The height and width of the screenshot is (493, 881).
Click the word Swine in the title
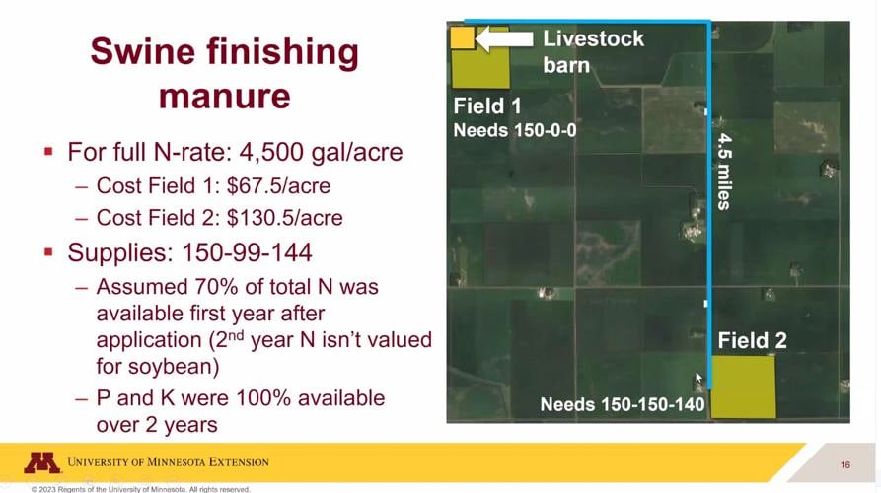pos(143,52)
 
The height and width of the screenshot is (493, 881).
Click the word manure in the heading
pos(224,96)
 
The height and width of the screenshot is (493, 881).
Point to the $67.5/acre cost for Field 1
pos(278,185)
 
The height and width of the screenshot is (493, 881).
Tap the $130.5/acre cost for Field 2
pos(285,218)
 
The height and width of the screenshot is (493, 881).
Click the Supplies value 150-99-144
pos(246,252)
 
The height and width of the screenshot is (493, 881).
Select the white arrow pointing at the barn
pos(504,38)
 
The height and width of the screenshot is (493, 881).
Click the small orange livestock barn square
pos(463,37)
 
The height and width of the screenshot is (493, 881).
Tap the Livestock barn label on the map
pos(593,51)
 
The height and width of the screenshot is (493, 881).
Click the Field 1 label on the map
pos(487,106)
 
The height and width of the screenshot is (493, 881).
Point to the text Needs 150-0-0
pos(515,130)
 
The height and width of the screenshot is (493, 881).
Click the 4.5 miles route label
pos(725,172)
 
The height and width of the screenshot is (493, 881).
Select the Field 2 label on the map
pos(753,340)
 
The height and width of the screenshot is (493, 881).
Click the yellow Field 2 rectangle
pos(743,387)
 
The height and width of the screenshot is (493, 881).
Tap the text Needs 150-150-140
pos(622,404)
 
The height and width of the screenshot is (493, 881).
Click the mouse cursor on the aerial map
pos(698,378)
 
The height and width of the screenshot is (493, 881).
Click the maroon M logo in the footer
pos(41,462)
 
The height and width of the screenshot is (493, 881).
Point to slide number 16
pos(845,465)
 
